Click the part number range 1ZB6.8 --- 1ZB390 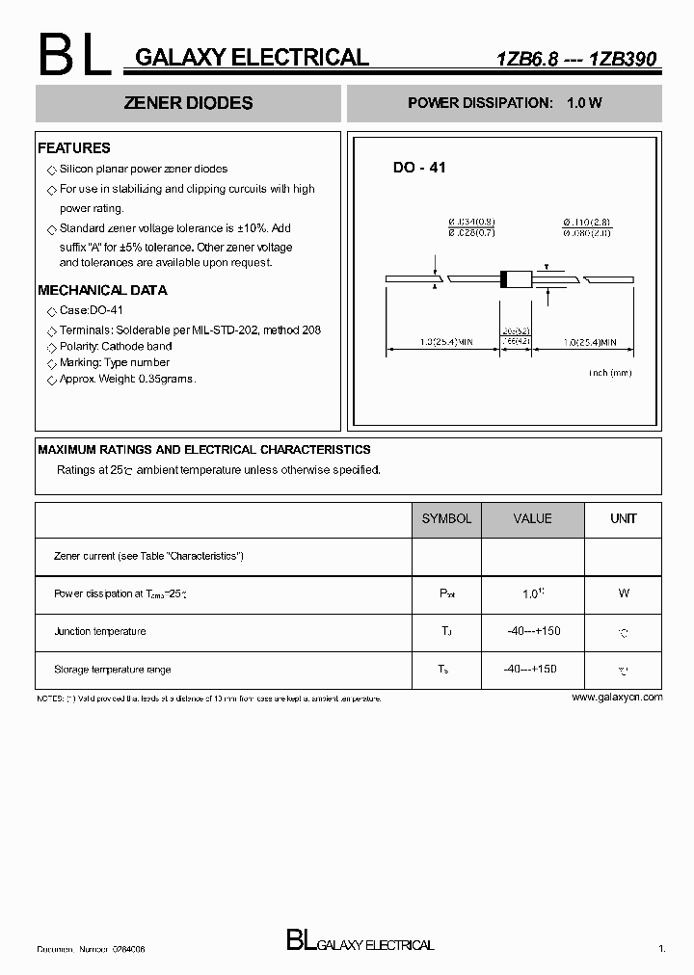tap(575, 60)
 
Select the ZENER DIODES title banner tap(189, 103)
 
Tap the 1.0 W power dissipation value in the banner tap(584, 103)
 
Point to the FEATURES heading tap(74, 148)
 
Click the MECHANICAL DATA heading tap(102, 290)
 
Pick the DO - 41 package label tap(419, 168)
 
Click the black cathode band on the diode tap(503, 279)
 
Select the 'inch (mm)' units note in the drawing tap(610, 372)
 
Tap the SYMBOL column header tap(446, 518)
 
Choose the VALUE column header tap(532, 518)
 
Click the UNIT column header tap(624, 518)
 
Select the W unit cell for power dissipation tap(624, 594)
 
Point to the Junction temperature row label tap(100, 631)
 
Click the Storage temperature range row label tap(112, 669)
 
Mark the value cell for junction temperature tap(533, 631)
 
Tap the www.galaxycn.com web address tap(617, 697)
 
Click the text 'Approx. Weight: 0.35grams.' tap(127, 380)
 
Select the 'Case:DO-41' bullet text tap(92, 311)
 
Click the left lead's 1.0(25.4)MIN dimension tap(446, 342)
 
